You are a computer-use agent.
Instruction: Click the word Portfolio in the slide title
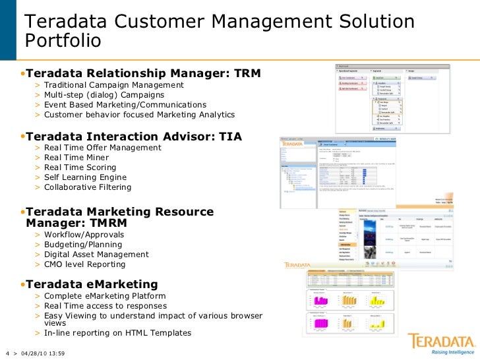(64, 41)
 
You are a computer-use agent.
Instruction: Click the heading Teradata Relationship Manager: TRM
(143, 73)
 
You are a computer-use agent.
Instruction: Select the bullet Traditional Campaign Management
(113, 85)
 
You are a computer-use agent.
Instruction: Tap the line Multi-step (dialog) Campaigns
(104, 95)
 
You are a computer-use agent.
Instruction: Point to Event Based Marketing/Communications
(125, 105)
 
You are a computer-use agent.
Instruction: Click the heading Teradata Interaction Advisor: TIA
(134, 137)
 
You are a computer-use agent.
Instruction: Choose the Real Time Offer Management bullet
(102, 148)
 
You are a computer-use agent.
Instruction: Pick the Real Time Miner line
(73, 158)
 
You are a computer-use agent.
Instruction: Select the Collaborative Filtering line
(88, 187)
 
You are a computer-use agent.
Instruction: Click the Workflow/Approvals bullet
(84, 235)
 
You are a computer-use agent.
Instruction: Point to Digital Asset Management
(96, 255)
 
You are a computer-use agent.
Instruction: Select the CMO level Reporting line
(84, 264)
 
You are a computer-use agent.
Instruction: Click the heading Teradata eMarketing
(92, 285)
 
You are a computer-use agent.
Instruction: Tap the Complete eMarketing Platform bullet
(105, 296)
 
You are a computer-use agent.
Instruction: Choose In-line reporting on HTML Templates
(117, 333)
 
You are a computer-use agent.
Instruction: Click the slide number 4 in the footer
(6, 353)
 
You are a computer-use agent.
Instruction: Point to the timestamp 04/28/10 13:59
(44, 353)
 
